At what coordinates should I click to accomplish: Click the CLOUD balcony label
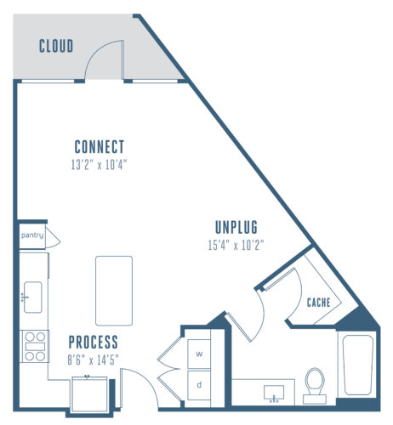[x=56, y=46]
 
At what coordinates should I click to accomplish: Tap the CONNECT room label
[x=100, y=147]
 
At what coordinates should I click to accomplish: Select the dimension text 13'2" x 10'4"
[x=99, y=165]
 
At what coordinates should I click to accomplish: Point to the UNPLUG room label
[x=236, y=227]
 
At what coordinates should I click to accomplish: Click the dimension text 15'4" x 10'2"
[x=236, y=245]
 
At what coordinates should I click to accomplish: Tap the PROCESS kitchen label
[x=94, y=342]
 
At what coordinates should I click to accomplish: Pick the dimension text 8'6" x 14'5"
[x=93, y=360]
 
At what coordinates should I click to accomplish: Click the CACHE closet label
[x=319, y=303]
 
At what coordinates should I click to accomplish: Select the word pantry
[x=32, y=235]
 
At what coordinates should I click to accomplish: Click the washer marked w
[x=199, y=354]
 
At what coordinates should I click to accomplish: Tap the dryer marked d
[x=199, y=385]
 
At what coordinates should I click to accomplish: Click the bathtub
[x=358, y=365]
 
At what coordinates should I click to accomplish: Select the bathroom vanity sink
[x=274, y=393]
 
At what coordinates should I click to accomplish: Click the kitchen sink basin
[x=33, y=297]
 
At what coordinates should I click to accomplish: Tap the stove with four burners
[x=35, y=346]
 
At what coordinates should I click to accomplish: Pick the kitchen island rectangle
[x=114, y=291]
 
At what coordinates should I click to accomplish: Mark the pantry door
[x=53, y=237]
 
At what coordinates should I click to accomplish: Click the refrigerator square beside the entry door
[x=89, y=394]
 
